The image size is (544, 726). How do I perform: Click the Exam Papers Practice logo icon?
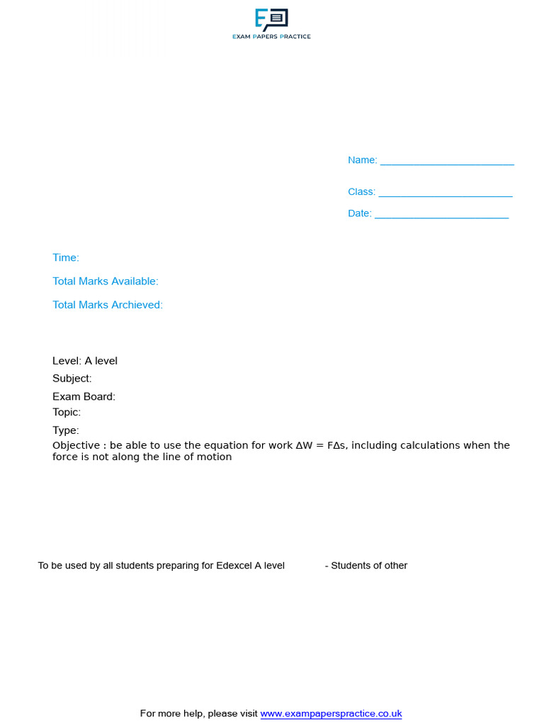click(x=271, y=19)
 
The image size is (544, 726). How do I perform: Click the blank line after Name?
click(x=447, y=162)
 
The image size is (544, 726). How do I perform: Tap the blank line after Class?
click(x=445, y=194)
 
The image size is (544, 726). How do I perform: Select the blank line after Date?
click(x=441, y=216)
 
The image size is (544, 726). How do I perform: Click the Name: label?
click(x=362, y=160)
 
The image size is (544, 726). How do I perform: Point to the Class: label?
click(x=361, y=192)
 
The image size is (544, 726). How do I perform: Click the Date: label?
click(x=359, y=213)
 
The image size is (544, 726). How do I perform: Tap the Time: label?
click(x=66, y=258)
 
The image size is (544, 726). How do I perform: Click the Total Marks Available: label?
click(x=106, y=281)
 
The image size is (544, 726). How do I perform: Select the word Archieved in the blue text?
click(x=137, y=305)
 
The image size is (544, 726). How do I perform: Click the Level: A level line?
click(x=85, y=361)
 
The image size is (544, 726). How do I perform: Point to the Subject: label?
click(x=72, y=379)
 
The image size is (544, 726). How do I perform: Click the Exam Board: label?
click(x=84, y=397)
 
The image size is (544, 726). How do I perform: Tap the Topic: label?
click(x=67, y=412)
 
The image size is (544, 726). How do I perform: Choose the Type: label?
click(x=66, y=430)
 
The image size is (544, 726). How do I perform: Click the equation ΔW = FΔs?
click(x=318, y=446)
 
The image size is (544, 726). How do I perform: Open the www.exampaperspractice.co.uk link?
click(x=331, y=714)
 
